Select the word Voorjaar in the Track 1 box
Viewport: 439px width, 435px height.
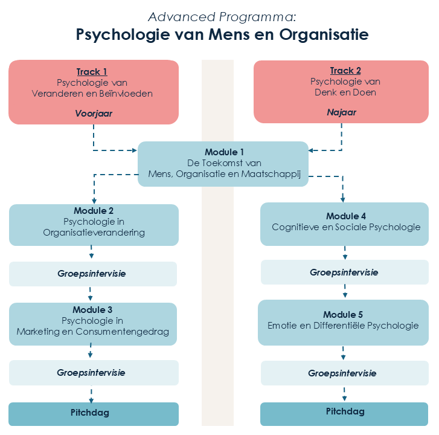point(94,113)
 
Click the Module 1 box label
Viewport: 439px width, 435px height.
point(224,152)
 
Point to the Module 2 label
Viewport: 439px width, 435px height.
point(94,211)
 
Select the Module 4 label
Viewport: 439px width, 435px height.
point(345,216)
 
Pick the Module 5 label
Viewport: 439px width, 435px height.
point(343,315)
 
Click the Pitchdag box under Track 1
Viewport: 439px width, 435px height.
point(93,413)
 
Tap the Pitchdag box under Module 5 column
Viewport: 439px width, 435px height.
point(344,412)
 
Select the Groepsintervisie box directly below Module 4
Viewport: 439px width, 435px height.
point(344,272)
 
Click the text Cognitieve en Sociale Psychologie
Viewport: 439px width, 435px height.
point(345,228)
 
